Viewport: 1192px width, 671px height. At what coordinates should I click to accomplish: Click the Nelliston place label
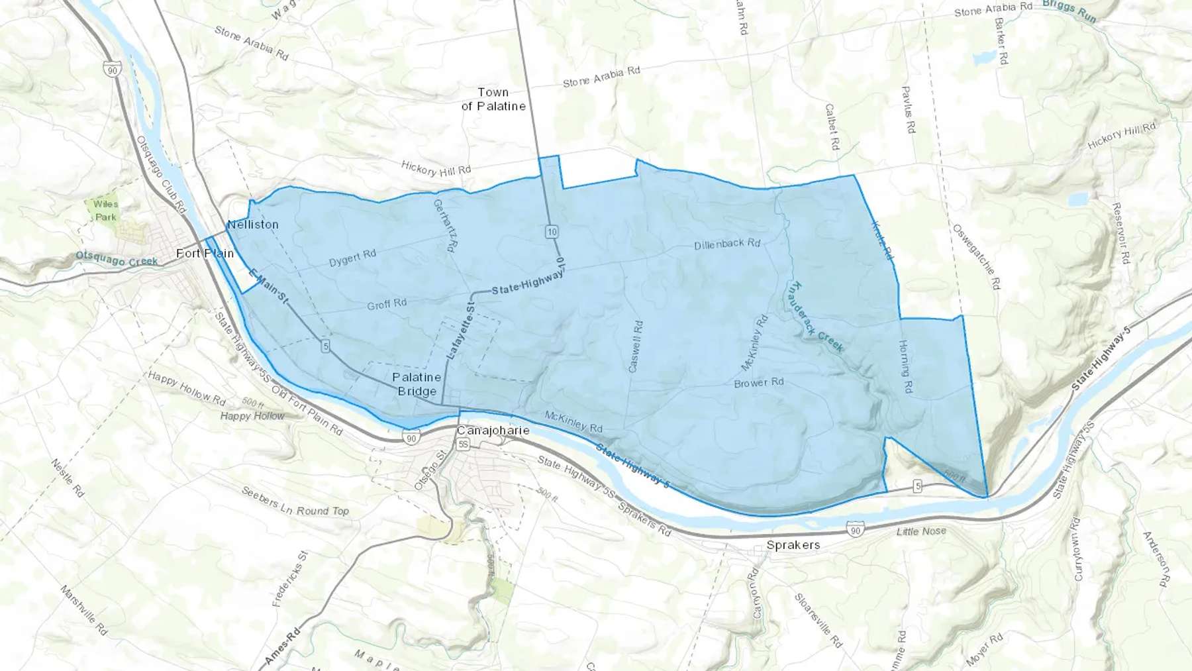[x=253, y=225]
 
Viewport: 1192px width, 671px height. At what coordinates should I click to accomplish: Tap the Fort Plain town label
[x=205, y=253]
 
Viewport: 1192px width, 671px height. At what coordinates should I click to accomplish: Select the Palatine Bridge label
[x=417, y=384]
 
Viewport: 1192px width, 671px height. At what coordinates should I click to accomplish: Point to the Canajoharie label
[x=493, y=431]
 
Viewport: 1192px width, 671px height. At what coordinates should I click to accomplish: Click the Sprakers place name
[x=793, y=545]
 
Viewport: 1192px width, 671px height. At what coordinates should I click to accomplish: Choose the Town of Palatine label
[x=493, y=99]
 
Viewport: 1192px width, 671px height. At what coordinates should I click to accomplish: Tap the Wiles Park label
[x=106, y=210]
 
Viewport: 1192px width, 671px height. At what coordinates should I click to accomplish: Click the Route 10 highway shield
[x=552, y=232]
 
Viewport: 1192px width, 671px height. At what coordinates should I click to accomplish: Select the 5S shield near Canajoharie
[x=463, y=444]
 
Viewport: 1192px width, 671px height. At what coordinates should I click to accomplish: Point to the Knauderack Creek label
[x=817, y=317]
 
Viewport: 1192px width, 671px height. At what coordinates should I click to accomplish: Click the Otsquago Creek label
[x=117, y=258]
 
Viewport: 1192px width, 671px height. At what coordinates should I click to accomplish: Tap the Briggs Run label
[x=1069, y=11]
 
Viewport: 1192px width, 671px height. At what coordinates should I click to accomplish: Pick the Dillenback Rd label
[x=727, y=244]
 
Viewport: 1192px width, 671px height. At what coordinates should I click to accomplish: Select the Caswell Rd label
[x=635, y=346]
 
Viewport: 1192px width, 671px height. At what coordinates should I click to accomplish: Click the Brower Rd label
[x=759, y=383]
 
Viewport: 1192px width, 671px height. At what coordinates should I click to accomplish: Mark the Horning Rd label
[x=905, y=366]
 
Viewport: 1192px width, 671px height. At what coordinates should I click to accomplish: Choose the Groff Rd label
[x=387, y=304]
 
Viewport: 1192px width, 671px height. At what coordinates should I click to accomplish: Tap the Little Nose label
[x=921, y=531]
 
